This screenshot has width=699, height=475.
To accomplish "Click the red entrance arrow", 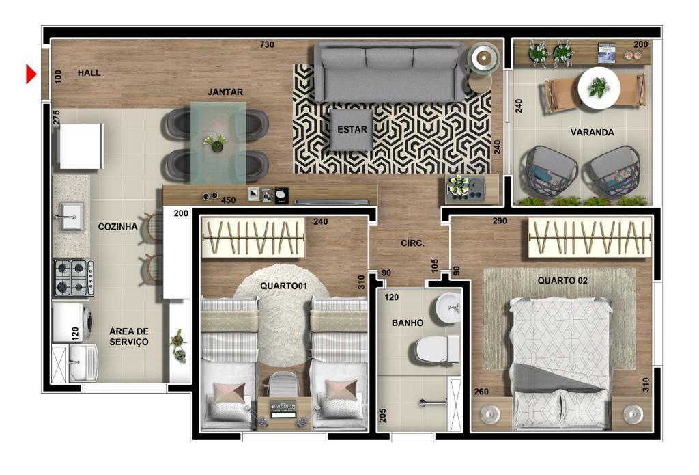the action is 30,74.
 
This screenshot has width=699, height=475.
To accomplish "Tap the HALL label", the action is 89,72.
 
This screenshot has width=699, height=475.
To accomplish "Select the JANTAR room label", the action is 225,92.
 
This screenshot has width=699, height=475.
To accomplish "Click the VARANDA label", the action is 592,132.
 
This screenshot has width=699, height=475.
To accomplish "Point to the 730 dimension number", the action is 267,44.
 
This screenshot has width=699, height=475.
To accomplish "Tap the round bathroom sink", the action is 448,307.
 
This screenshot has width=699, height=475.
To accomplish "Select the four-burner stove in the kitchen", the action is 74,277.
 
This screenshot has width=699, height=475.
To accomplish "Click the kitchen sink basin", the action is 71,217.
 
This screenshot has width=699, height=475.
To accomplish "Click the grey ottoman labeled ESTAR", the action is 352,130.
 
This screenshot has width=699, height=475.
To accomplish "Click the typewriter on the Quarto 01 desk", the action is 284,410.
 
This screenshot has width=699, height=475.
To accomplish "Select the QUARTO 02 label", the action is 562,281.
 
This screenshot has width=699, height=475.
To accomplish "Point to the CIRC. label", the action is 412,243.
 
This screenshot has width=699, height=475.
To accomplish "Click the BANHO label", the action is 408,323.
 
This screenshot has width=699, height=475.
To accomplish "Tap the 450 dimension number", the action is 228,200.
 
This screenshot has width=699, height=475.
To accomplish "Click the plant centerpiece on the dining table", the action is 216,144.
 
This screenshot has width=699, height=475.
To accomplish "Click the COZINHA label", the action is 117,227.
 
